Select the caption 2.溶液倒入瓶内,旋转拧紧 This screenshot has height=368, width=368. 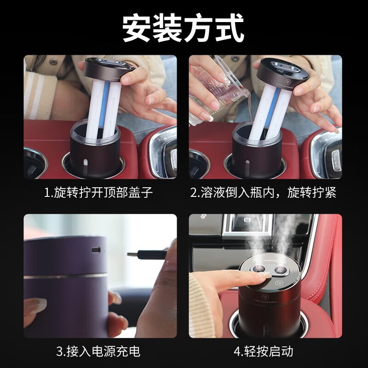coord(263,192)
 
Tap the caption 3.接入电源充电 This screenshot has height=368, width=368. coord(98,352)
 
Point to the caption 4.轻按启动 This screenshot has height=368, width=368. coord(263,352)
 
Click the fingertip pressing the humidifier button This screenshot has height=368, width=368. coord(264,276)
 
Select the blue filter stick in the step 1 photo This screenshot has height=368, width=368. coord(104,106)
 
